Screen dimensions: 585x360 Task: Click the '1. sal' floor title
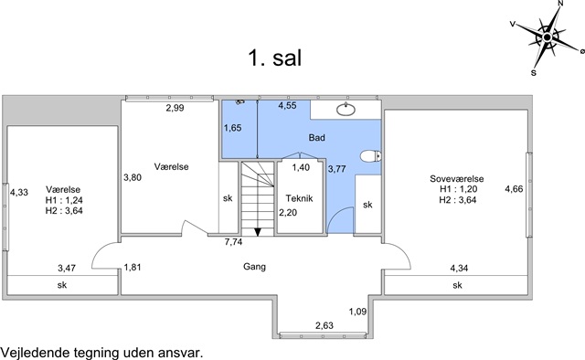[x=274, y=58]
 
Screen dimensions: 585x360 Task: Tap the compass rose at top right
[x=547, y=37]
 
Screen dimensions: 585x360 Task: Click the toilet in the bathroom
[x=371, y=156]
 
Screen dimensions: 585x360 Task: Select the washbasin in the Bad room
[x=346, y=110]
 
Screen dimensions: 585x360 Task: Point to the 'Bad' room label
[x=317, y=138]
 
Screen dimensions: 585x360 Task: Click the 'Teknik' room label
[x=299, y=198]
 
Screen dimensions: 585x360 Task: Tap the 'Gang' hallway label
[x=254, y=267]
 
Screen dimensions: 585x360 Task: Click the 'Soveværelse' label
[x=457, y=179]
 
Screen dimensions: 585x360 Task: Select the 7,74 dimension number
[x=234, y=242]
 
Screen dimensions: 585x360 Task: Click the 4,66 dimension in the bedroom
[x=514, y=189]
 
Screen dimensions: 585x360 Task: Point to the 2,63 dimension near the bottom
[x=324, y=325]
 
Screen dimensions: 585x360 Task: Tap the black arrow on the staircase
[x=258, y=232]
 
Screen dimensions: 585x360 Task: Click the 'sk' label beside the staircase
[x=228, y=198]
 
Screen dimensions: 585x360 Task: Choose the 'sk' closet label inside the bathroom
[x=367, y=205]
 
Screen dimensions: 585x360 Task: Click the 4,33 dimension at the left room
[x=19, y=193]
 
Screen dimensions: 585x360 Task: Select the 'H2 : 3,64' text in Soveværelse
[x=458, y=200]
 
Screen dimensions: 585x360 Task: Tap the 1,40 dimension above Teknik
[x=301, y=167]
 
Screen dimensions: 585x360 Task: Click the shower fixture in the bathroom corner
[x=240, y=101]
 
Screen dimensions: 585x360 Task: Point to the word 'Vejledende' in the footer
[x=36, y=353]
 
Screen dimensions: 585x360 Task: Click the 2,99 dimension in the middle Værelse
[x=175, y=108]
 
